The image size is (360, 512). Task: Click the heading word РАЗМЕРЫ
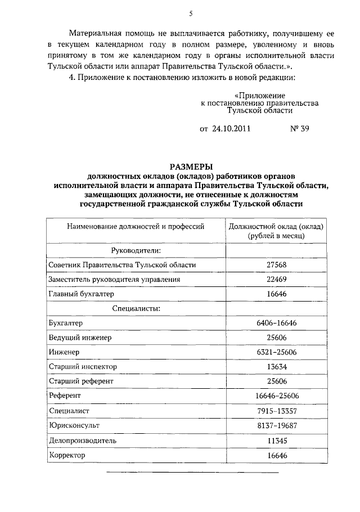[x=191, y=167]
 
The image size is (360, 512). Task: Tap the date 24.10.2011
[x=232, y=128]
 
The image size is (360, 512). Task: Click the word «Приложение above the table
[x=259, y=96]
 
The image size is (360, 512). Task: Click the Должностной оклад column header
[x=275, y=231]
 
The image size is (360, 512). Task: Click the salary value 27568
[x=275, y=264]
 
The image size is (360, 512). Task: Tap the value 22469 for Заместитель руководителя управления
[x=275, y=279]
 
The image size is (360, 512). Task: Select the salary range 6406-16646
[x=275, y=323]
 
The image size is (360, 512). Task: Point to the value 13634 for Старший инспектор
[x=275, y=367]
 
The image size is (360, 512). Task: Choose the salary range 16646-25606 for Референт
[x=275, y=396]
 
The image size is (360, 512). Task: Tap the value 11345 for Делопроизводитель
[x=275, y=441]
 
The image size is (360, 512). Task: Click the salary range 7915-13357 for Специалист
[x=275, y=411]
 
